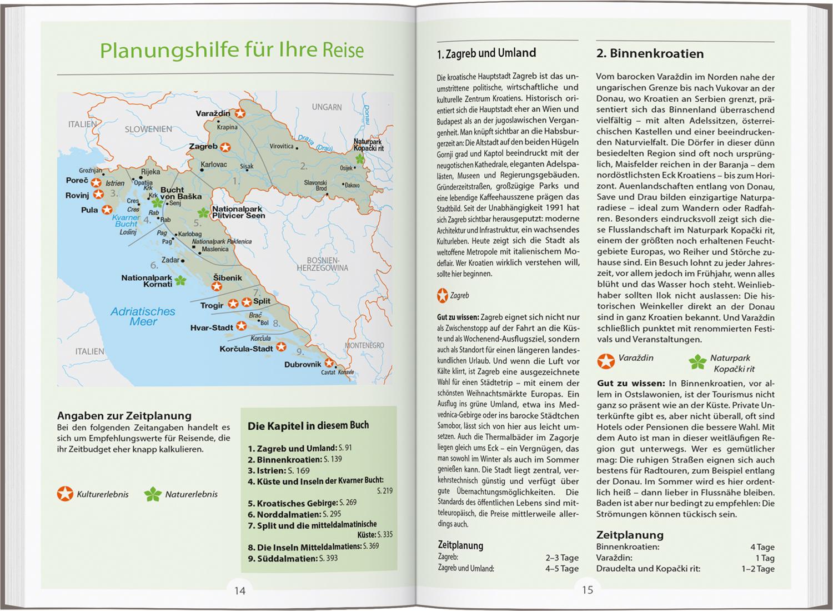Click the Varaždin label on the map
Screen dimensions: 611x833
pyautogui.click(x=213, y=113)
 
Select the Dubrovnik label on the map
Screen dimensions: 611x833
pyautogui.click(x=303, y=365)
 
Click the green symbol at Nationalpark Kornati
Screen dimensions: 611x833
pyautogui.click(x=180, y=281)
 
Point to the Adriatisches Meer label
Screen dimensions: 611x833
pyautogui.click(x=143, y=316)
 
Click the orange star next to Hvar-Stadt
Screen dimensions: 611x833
pyautogui.click(x=241, y=326)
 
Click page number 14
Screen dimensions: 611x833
pyautogui.click(x=239, y=590)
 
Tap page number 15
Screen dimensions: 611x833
pyautogui.click(x=587, y=590)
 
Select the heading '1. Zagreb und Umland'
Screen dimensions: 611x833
pyautogui.click(x=486, y=53)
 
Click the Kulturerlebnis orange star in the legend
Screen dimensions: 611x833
pyautogui.click(x=65, y=494)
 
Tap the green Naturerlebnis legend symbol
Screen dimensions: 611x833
pyautogui.click(x=152, y=494)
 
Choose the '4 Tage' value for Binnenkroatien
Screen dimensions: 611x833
pyautogui.click(x=762, y=547)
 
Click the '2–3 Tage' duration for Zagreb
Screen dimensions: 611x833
pyautogui.click(x=561, y=558)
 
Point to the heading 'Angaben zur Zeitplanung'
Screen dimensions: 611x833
pyautogui.click(x=124, y=416)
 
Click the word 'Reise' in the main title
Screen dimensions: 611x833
pyautogui.click(x=343, y=50)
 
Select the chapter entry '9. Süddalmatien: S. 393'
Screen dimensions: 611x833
pyautogui.click(x=293, y=558)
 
